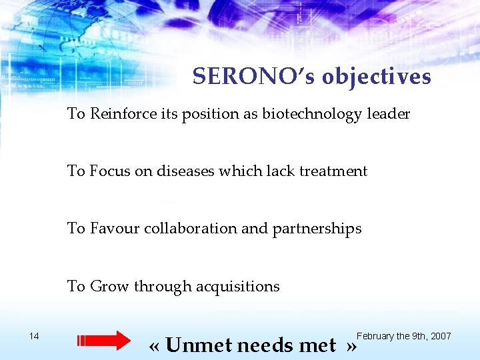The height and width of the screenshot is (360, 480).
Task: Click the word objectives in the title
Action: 377,77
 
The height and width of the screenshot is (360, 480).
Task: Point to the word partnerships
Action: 317,229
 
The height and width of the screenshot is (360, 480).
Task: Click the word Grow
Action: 109,286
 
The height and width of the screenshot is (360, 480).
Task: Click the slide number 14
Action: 35,336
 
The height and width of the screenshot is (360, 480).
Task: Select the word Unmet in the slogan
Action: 199,345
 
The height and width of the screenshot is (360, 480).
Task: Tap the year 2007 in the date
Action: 441,336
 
